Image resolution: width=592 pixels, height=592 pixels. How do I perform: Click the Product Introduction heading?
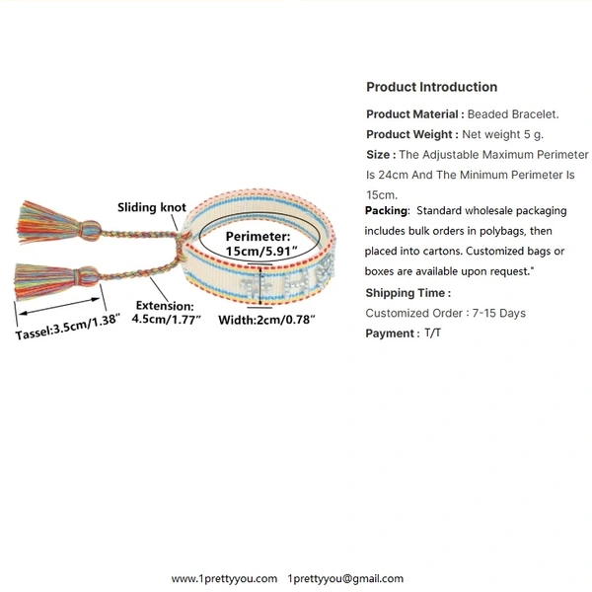(431, 87)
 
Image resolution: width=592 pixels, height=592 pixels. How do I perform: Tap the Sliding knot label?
(152, 207)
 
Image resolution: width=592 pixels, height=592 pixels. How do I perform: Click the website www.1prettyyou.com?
(224, 579)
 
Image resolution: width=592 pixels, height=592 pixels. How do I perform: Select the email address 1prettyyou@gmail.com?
(345, 579)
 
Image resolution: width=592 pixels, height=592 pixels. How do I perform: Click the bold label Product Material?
(414, 114)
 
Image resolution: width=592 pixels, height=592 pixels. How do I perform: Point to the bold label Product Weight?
(411, 134)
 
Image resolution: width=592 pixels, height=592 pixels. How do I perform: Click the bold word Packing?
(387, 211)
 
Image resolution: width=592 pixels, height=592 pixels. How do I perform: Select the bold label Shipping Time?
(407, 293)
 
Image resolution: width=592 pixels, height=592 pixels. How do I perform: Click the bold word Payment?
(392, 333)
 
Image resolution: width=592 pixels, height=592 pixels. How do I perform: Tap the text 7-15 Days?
(501, 313)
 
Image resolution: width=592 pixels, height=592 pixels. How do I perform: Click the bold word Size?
(379, 155)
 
